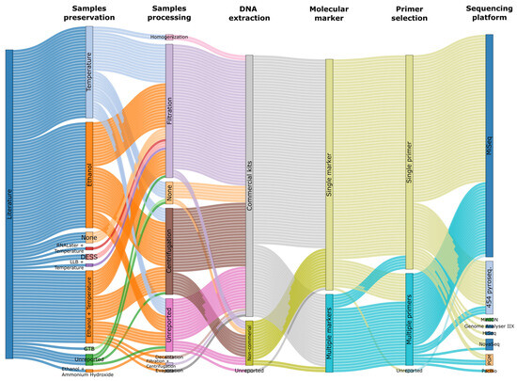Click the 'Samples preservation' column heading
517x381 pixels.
[x=89, y=12]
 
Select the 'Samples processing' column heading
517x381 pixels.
[x=169, y=12]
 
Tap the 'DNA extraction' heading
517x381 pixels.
[x=249, y=12]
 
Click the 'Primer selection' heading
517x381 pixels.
[x=409, y=12]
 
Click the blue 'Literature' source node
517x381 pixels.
[x=9, y=203]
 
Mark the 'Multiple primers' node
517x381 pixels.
[x=409, y=320]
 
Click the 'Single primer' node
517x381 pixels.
[x=409, y=160]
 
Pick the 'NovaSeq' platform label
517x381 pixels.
[x=489, y=344]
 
